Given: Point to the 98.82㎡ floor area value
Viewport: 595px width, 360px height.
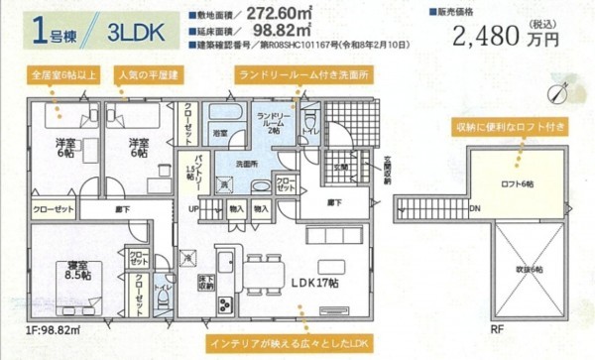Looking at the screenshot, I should (295, 31).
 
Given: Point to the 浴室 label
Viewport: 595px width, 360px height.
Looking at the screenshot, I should (221, 131).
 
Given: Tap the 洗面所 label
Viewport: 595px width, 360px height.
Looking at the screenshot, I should (247, 163).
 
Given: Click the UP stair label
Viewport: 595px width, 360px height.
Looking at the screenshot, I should (194, 209).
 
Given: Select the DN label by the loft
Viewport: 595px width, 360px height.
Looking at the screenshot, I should (474, 208).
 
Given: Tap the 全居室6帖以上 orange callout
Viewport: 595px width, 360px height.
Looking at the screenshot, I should (61, 74).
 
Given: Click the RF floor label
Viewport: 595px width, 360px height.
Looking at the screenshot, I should (494, 328).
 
